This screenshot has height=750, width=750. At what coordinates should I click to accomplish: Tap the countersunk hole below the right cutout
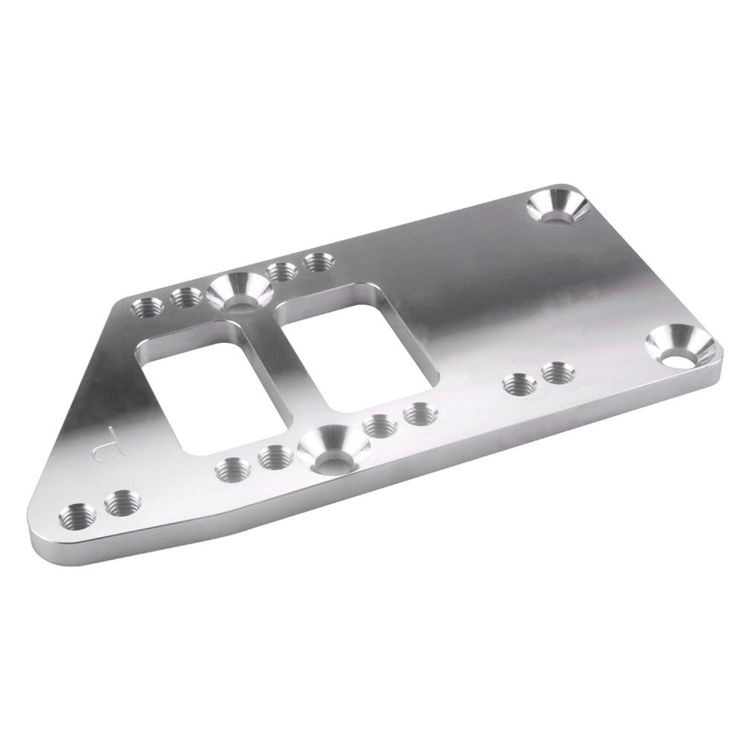[331, 448]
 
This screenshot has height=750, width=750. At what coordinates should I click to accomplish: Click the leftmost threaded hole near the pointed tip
[76, 514]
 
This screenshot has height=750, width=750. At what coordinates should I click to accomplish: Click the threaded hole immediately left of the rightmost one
[520, 385]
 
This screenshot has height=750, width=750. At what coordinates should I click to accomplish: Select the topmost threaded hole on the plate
[318, 261]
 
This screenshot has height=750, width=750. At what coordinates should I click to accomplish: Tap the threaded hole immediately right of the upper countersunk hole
[281, 272]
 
